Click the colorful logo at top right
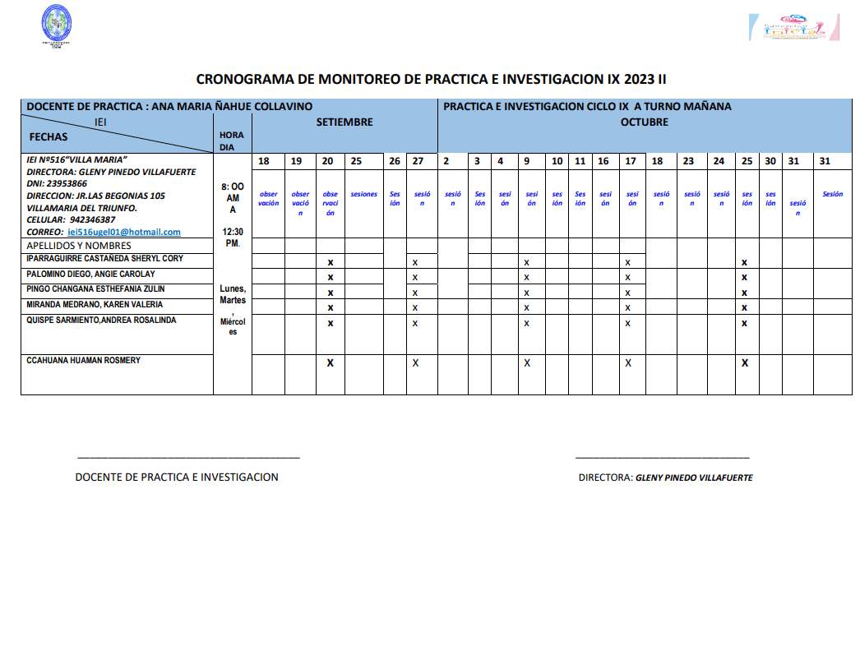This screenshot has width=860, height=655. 795,26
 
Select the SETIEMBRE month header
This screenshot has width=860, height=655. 344,122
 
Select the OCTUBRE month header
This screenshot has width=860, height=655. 644,122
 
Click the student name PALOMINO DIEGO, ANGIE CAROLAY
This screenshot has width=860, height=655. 90,274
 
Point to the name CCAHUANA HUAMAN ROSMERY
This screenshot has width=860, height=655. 84,361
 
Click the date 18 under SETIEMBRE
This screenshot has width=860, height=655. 264,161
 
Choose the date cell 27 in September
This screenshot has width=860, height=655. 418,161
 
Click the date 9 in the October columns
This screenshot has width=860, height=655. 526,161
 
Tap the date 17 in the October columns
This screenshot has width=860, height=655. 631,161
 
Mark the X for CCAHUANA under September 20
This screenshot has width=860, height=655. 331,362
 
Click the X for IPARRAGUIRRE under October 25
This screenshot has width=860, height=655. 744,262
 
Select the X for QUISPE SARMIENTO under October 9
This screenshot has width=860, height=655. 526,323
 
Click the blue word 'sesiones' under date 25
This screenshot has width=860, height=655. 363,195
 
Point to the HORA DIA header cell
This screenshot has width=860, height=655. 232,141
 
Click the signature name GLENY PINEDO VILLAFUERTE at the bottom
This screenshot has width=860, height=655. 694,477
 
